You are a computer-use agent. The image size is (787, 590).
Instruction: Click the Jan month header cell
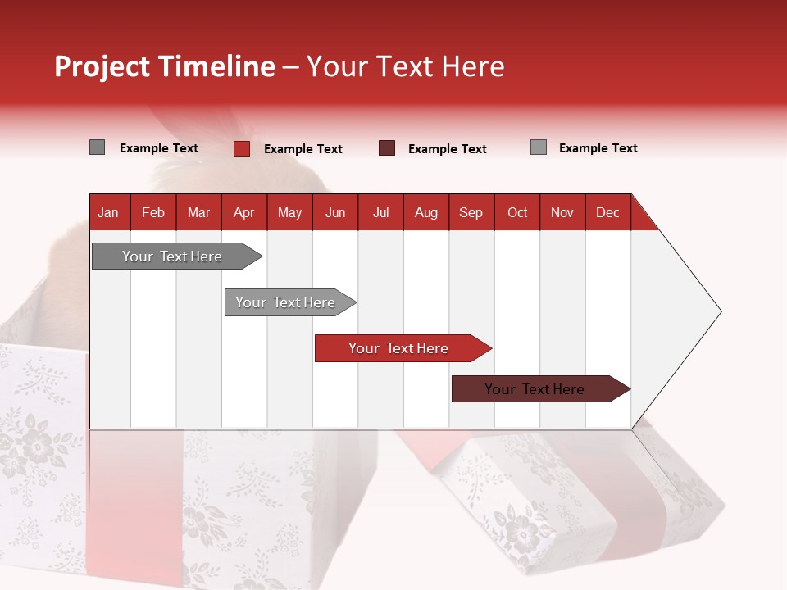pos(108,212)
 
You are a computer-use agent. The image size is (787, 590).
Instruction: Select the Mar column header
pos(198,212)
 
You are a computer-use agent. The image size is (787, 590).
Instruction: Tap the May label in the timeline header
pos(289,212)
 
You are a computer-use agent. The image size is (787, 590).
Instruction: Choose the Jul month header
pos(380,212)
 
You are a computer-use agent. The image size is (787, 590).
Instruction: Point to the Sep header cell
pos(471,212)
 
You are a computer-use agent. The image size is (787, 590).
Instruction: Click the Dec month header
pos(607,212)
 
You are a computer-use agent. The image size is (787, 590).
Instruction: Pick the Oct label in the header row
pos(517,212)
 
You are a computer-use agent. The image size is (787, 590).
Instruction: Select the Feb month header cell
pos(153,212)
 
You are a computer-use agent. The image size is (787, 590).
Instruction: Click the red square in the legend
pos(242,148)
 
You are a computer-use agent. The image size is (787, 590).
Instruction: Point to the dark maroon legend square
pos(387,148)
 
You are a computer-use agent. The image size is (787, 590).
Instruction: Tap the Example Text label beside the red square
pos(303,149)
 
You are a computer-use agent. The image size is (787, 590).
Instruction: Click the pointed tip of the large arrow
pos(719,311)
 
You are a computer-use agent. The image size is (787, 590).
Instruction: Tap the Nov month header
pos(562,212)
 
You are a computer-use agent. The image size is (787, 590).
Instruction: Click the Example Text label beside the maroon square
pos(448,149)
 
